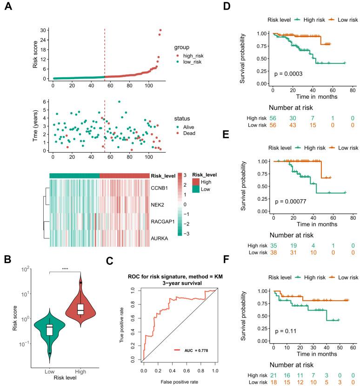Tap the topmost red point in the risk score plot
[x=160, y=30]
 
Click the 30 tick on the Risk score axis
[x=42, y=30]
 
